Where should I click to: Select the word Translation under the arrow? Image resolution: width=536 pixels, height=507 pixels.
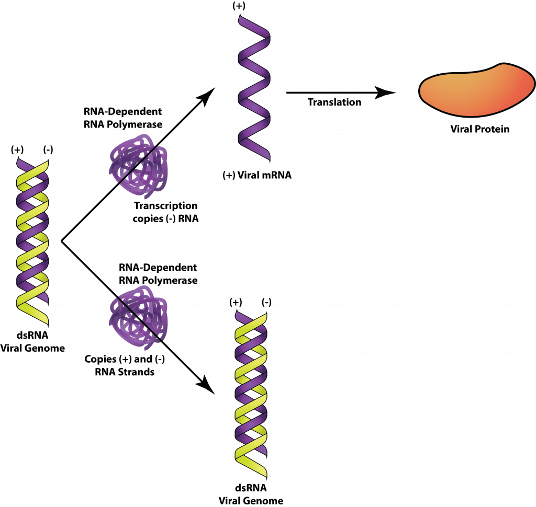334,102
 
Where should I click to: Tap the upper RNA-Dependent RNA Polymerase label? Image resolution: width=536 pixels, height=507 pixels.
123,118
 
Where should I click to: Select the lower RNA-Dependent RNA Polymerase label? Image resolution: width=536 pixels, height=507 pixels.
158,273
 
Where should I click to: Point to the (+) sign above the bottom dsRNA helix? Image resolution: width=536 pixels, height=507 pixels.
236,302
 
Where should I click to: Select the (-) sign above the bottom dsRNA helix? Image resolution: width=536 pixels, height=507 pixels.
266,302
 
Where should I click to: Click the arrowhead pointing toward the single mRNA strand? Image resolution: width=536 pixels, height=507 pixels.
210,94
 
